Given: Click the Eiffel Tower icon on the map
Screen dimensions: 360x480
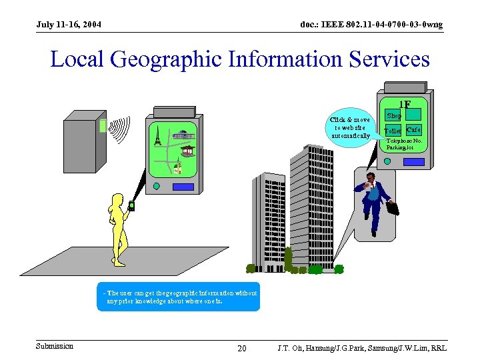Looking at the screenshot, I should point(157,136).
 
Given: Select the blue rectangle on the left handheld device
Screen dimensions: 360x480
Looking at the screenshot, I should point(182,187).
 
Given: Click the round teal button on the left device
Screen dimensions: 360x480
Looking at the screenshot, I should point(156,186).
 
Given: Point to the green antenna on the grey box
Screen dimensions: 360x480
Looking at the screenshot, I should point(103,125).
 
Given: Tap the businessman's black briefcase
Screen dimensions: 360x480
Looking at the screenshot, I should point(393,207).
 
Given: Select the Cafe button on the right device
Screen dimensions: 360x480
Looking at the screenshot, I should point(413,129).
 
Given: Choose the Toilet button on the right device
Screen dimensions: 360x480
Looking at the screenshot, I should point(393,131).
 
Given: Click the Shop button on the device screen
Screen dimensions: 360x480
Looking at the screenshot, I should point(393,115).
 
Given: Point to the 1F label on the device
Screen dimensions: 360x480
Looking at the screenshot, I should point(404,105).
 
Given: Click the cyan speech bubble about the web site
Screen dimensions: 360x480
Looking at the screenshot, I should point(351,127).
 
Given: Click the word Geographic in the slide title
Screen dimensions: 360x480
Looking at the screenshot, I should point(166,59).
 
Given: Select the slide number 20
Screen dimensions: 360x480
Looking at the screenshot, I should point(242,349).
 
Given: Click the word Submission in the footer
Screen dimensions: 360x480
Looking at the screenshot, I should point(55,346).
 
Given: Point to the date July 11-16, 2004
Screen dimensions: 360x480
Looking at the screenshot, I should point(69,25).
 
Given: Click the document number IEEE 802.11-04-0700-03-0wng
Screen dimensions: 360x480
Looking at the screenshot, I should point(371,25).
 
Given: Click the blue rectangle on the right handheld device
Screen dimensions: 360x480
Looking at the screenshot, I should point(413,161).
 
